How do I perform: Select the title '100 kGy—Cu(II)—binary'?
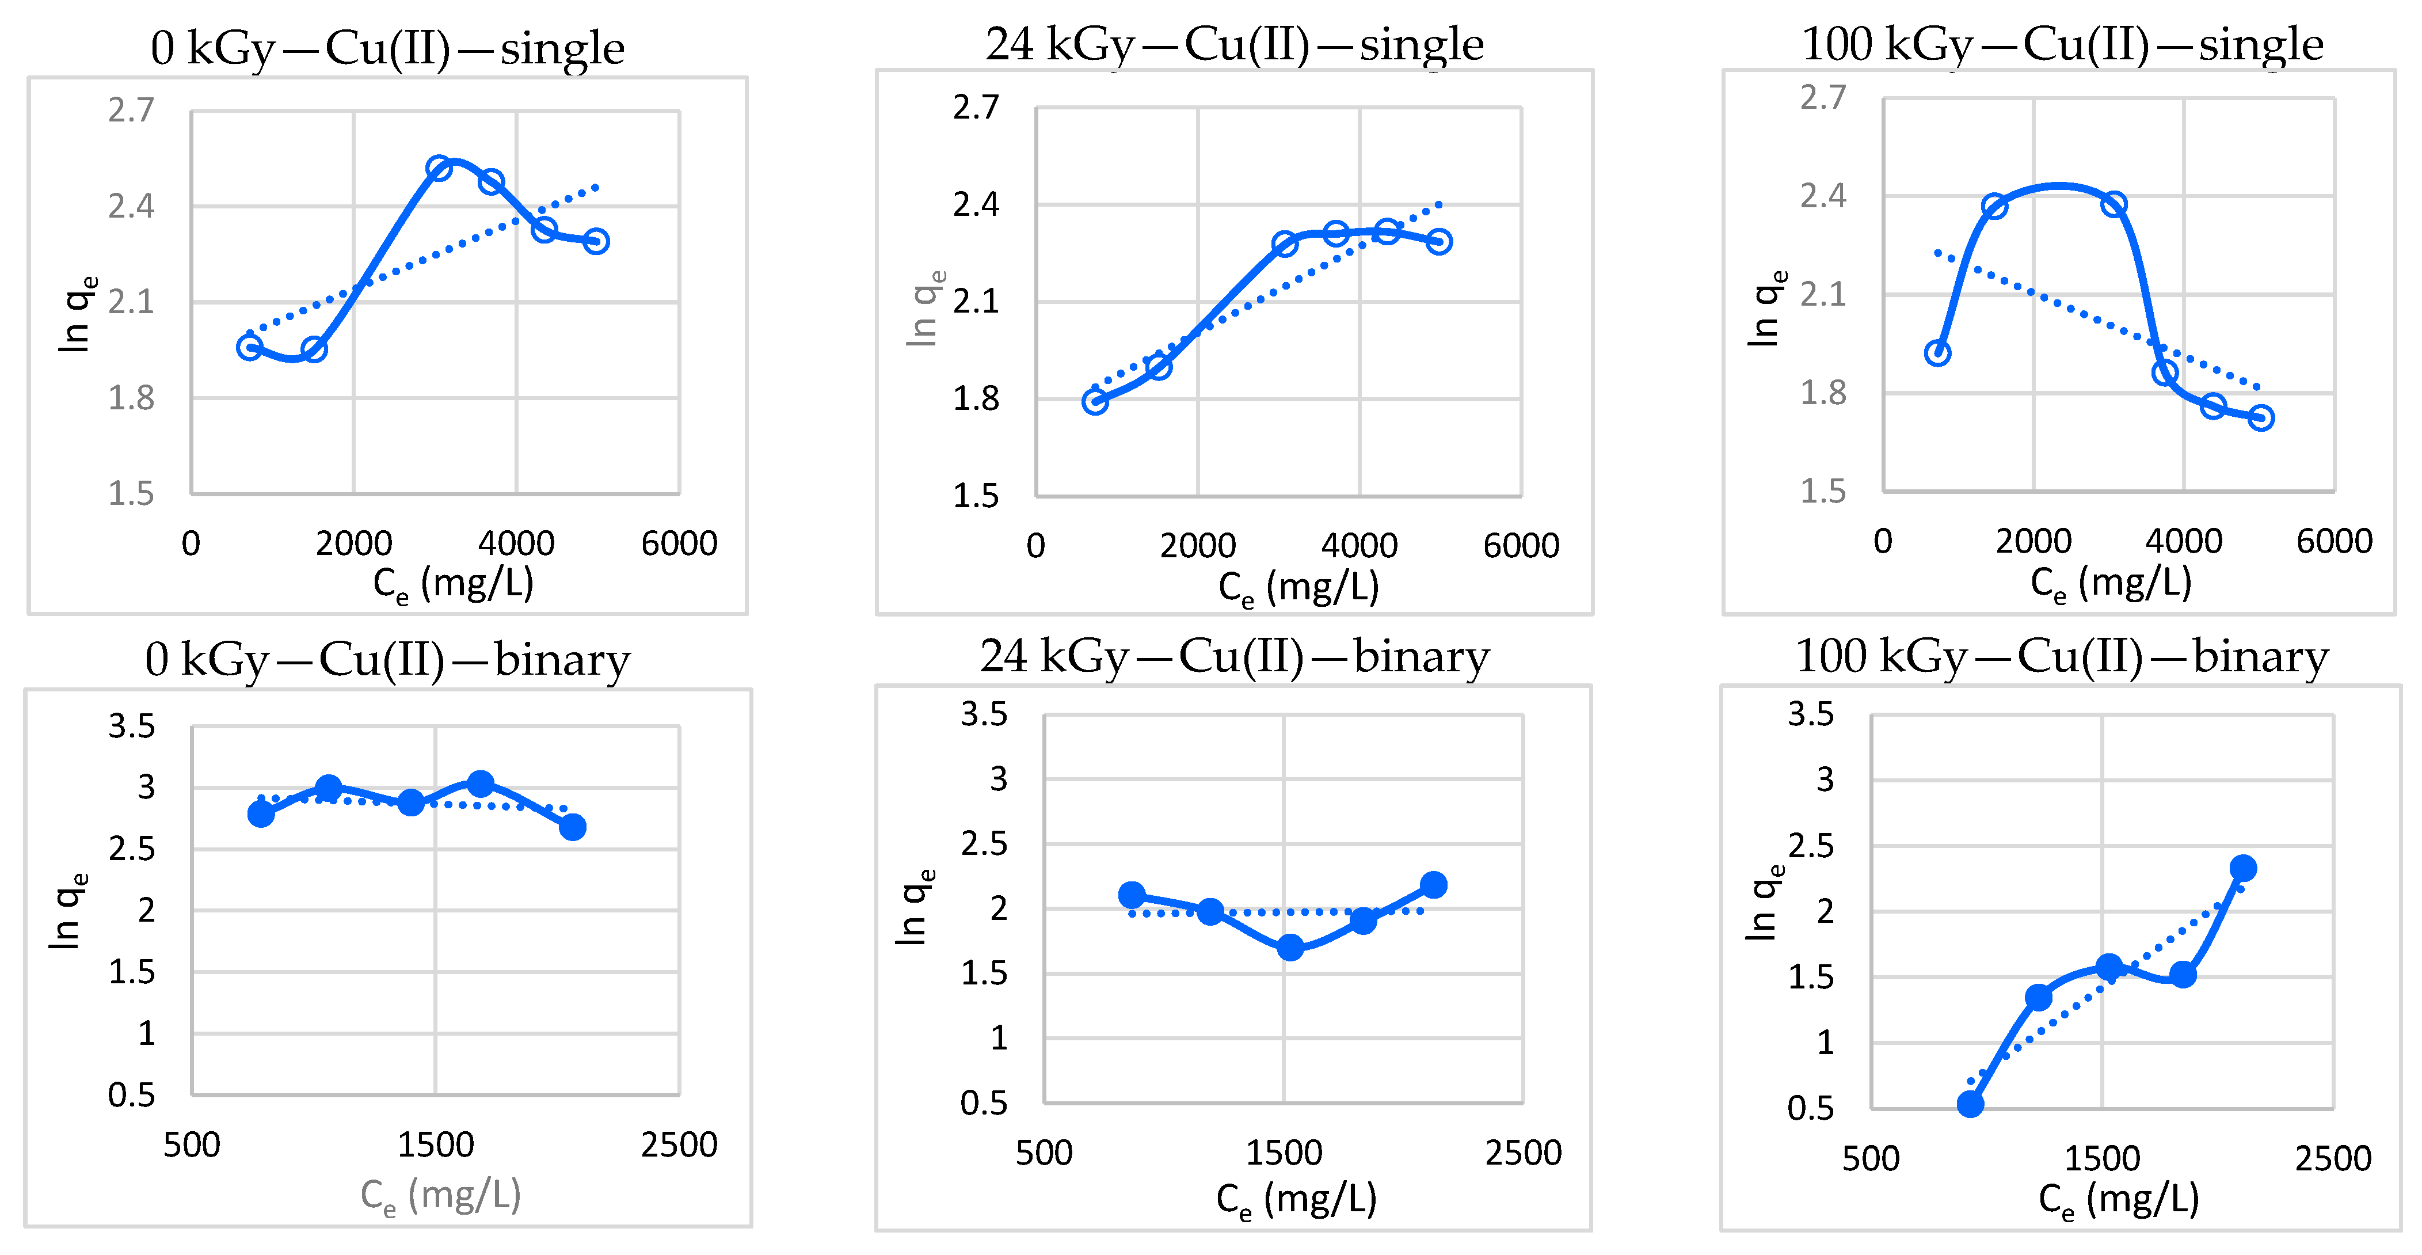(x=2061, y=656)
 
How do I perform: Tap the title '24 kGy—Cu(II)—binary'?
(x=1235, y=656)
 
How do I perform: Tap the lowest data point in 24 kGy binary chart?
(x=1290, y=948)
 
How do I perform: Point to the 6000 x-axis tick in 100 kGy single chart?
(x=2333, y=542)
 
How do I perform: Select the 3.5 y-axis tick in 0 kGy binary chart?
(x=132, y=726)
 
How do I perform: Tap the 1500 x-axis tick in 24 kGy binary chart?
(x=1284, y=1153)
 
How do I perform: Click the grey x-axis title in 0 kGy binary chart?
(x=440, y=1196)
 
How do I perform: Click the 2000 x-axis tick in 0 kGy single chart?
(x=353, y=543)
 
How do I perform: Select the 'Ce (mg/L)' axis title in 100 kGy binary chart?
(x=2118, y=1200)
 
